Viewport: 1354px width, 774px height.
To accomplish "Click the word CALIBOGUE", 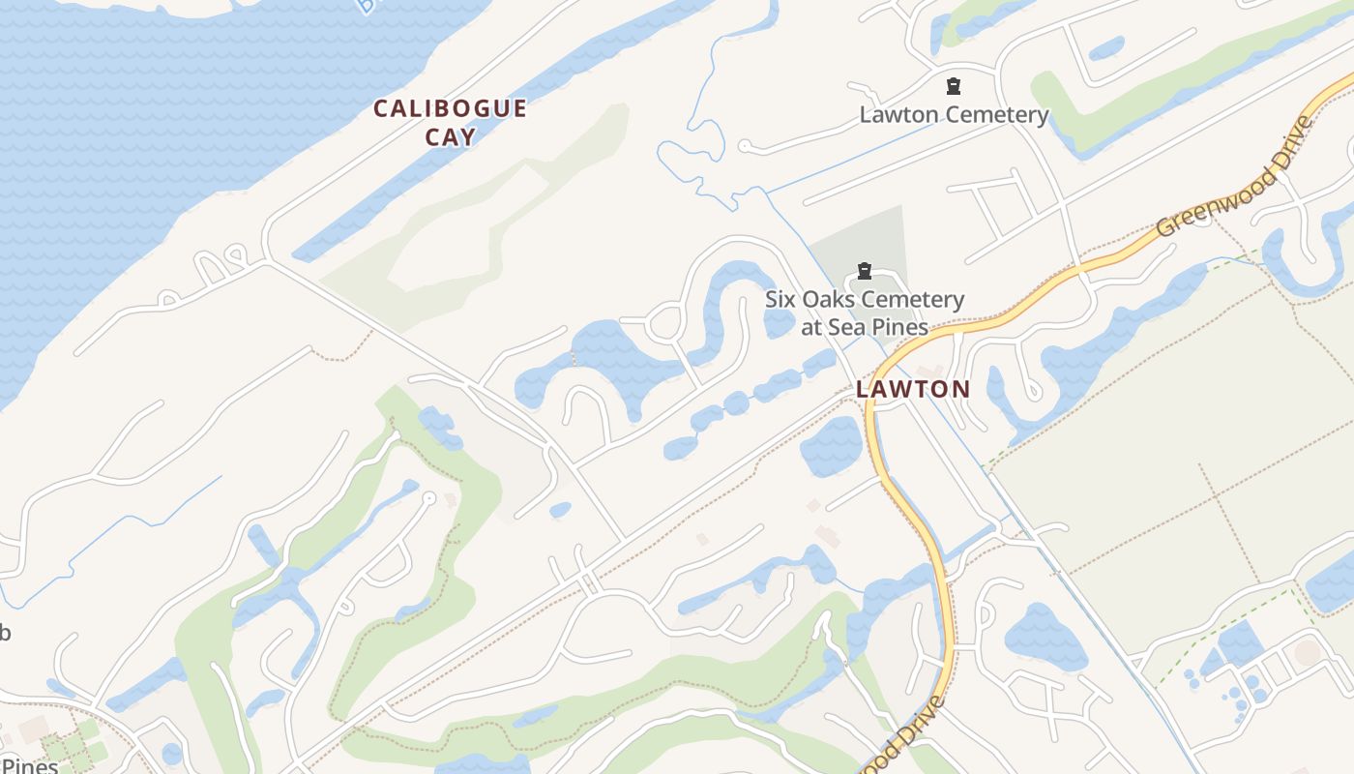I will point(450,108).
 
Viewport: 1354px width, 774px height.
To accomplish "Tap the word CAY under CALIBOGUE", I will point(451,136).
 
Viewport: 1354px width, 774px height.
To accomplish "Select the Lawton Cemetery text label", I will point(954,115).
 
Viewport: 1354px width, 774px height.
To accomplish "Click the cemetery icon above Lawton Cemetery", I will point(954,86).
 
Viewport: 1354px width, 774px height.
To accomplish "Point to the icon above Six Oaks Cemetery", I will point(865,271).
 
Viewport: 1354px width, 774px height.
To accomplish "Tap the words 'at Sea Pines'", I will point(865,327).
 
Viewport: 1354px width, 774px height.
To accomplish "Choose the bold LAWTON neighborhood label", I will point(912,389).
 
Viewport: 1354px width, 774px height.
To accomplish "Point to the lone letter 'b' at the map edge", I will point(5,634).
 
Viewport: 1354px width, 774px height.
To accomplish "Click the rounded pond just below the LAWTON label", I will point(831,446).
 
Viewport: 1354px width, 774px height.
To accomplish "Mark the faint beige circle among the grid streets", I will point(1307,652).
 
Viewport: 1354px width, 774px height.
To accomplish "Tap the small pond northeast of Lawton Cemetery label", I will point(1106,46).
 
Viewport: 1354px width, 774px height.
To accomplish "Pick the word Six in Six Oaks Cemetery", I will point(782,300).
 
